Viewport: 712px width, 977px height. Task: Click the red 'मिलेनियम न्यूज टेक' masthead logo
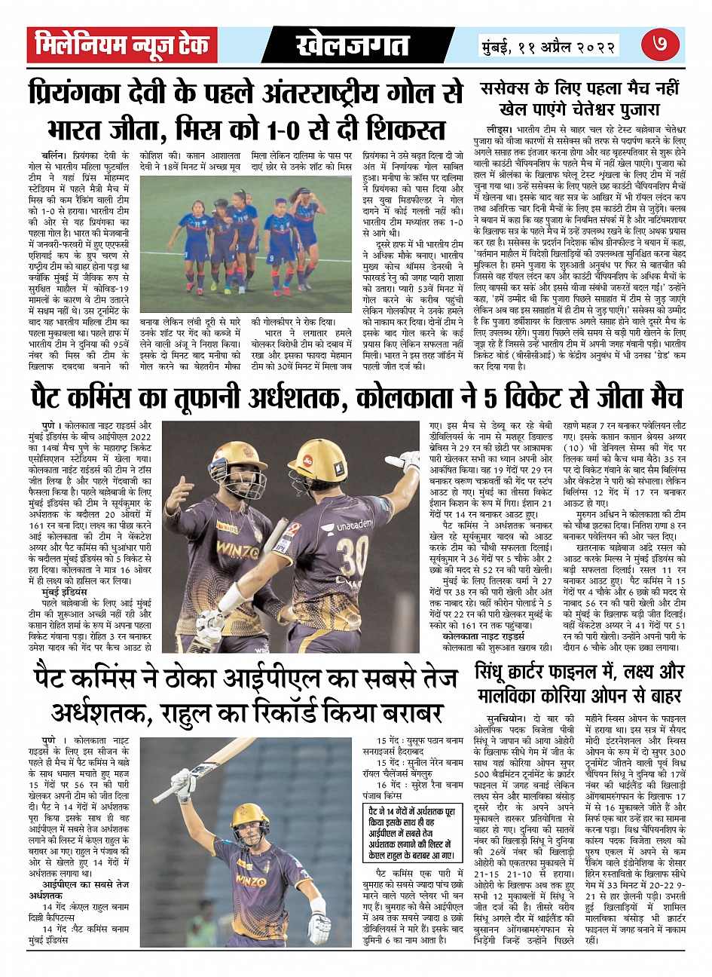click(x=122, y=46)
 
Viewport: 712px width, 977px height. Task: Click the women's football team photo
click(x=246, y=219)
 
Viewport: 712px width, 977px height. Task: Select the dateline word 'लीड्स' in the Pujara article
click(x=497, y=130)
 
